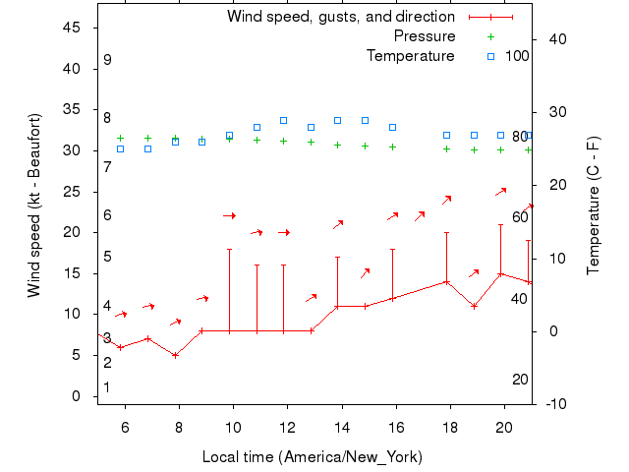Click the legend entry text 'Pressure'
425,36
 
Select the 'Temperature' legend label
411,56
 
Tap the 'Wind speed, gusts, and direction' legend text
341,17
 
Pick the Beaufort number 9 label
107,60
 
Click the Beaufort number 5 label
107,257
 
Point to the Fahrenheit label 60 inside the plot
520,217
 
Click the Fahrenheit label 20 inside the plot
520,380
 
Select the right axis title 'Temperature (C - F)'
593,205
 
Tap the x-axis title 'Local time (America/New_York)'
312,457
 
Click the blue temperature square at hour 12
284,120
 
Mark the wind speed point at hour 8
175,355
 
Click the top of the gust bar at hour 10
230,249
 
